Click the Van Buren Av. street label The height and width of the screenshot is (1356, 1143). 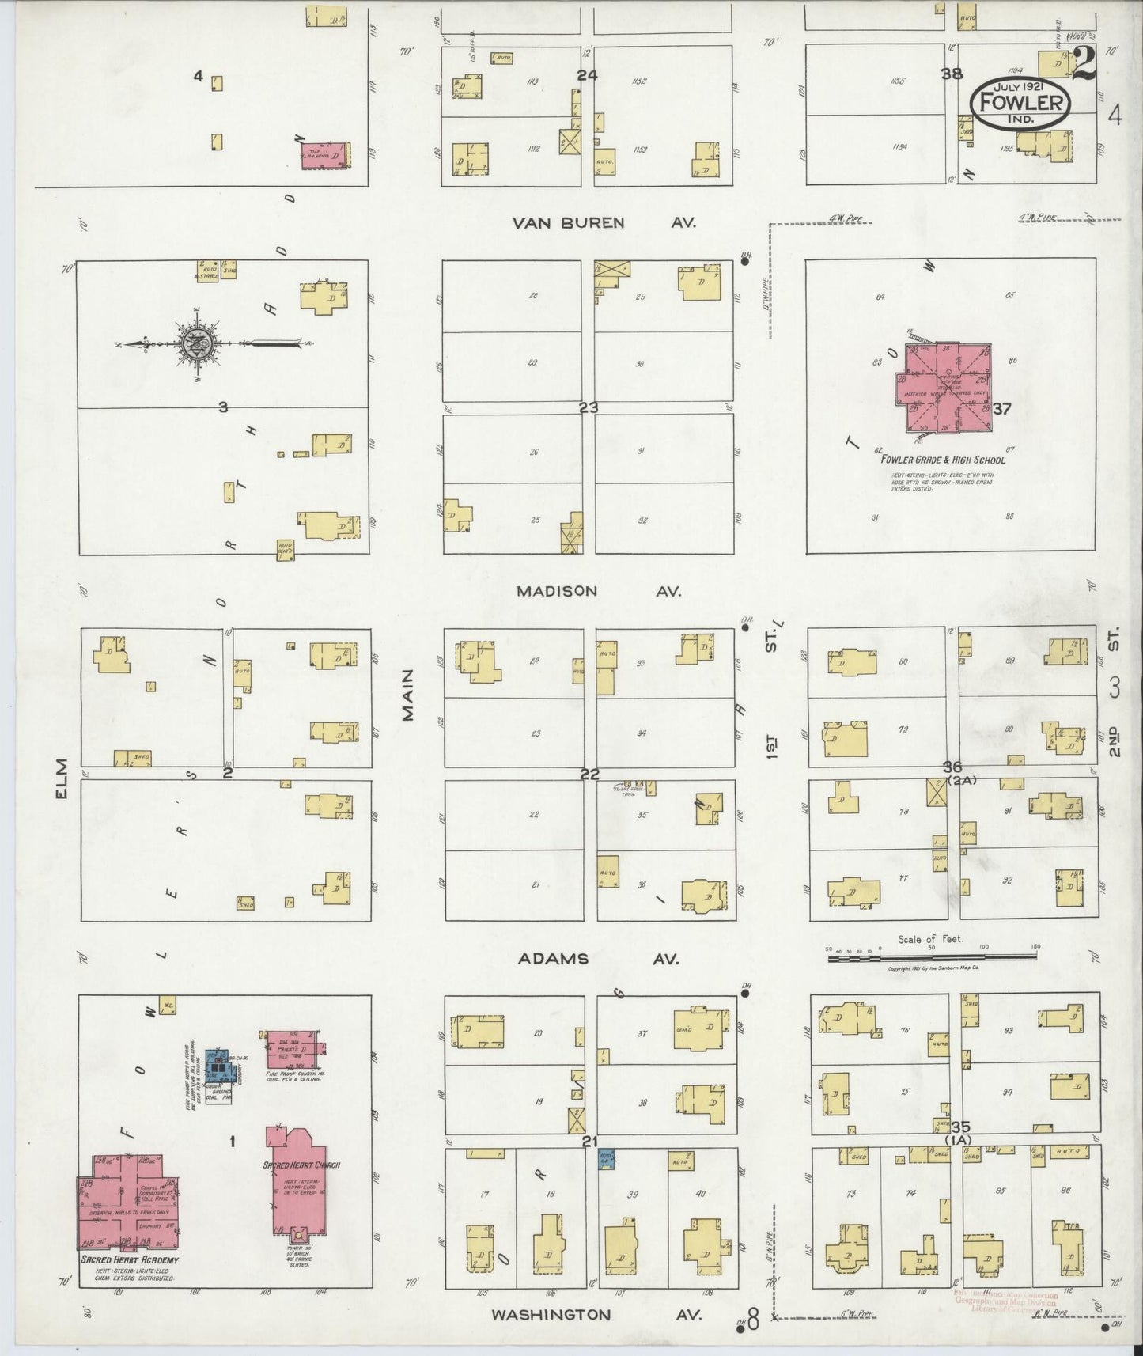(604, 223)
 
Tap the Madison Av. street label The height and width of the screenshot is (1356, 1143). (599, 591)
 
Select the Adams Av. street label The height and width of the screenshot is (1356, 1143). (599, 959)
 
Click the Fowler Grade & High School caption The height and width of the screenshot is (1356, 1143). (943, 460)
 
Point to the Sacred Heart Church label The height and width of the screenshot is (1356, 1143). (301, 1165)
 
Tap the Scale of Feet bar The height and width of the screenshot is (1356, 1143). (932, 957)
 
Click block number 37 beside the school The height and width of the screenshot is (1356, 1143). (1002, 409)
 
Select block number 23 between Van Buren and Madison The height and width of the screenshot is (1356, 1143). (589, 408)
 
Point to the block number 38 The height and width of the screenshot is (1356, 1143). (952, 74)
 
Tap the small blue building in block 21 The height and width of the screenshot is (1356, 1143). (607, 1160)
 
